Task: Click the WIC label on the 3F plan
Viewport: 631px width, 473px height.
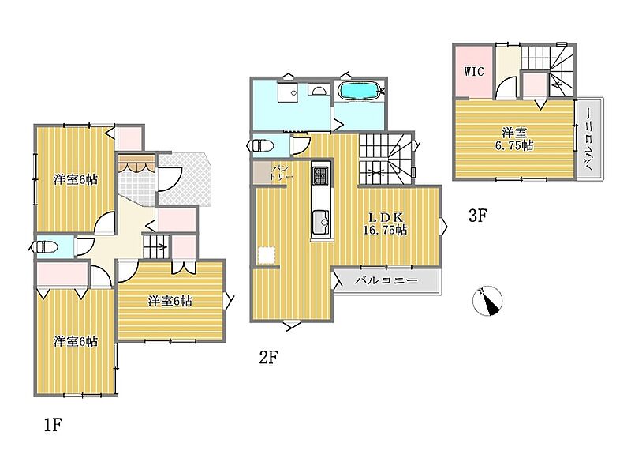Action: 474,72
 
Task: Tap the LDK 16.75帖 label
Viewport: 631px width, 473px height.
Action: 386,223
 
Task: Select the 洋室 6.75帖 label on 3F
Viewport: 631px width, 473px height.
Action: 514,139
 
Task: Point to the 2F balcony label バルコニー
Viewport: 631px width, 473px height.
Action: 386,280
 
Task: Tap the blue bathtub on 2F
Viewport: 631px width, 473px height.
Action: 360,91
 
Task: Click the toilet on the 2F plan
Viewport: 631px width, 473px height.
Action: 262,145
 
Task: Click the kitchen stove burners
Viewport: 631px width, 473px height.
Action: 321,175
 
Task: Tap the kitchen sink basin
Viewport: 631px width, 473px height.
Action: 321,220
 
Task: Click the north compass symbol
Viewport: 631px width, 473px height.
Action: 487,301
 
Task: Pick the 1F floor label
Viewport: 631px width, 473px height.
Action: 53,425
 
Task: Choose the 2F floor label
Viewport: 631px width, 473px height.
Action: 268,357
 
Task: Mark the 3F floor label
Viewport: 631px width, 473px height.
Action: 478,216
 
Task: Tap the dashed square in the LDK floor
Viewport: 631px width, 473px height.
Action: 266,255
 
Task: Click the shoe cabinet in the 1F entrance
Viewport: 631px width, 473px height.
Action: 136,163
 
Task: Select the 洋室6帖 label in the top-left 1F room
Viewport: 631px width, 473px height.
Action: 76,180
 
